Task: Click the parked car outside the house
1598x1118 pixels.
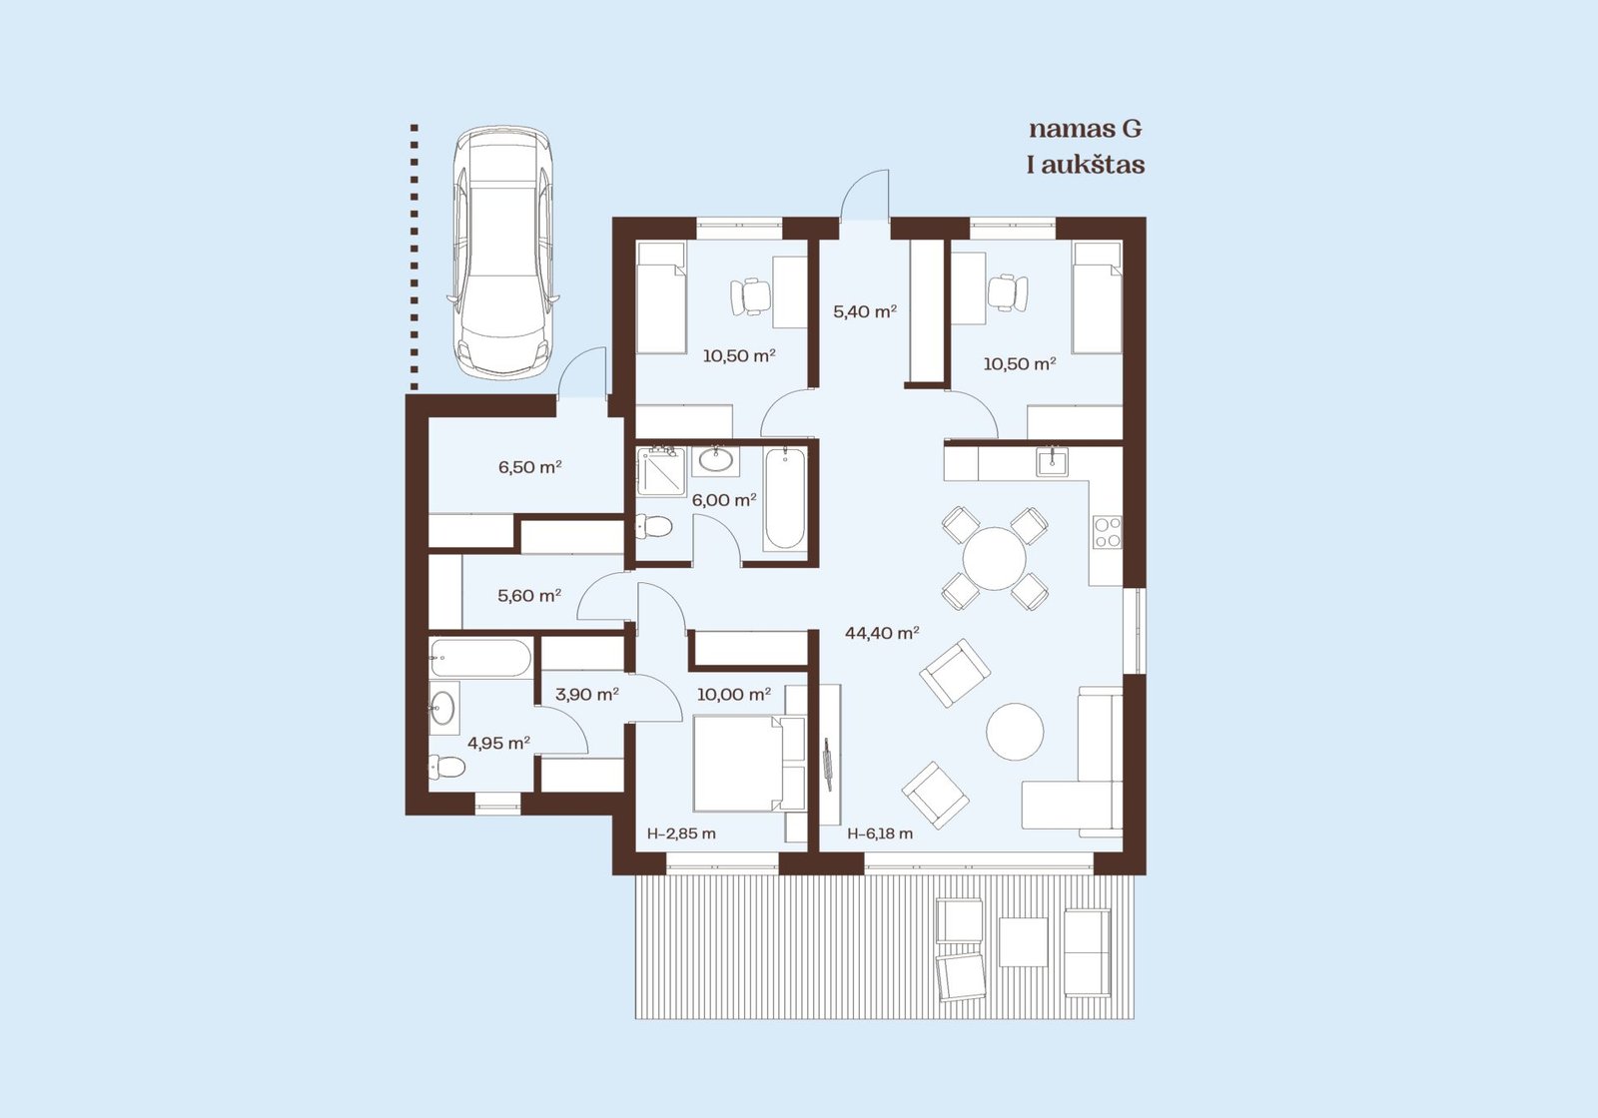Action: (x=503, y=253)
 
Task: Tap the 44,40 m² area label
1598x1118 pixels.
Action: (x=882, y=633)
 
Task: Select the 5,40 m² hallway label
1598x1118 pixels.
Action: (x=865, y=311)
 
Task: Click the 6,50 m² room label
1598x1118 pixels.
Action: (x=530, y=468)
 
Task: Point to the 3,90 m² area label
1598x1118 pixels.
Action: (x=587, y=694)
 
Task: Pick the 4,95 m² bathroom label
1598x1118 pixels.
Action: (x=498, y=743)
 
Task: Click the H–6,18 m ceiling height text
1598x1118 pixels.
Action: (x=880, y=834)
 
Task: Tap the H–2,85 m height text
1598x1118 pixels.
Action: (x=681, y=834)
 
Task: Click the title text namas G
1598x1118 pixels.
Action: (x=1085, y=129)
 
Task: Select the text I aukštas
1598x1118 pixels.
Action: (x=1086, y=165)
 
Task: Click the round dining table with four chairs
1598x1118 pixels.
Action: (x=995, y=558)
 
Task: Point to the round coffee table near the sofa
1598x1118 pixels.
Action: (x=1015, y=731)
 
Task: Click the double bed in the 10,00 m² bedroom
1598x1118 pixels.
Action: (x=749, y=764)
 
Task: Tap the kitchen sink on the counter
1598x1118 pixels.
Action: (x=1053, y=460)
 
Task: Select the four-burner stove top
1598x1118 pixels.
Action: (x=1108, y=533)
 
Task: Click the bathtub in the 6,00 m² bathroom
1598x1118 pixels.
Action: (x=785, y=499)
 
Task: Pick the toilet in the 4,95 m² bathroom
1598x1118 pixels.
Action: (x=446, y=768)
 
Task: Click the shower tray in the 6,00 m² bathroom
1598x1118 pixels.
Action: (x=661, y=471)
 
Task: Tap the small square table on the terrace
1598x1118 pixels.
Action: (x=1023, y=942)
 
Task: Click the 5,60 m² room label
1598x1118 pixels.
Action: (x=529, y=595)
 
